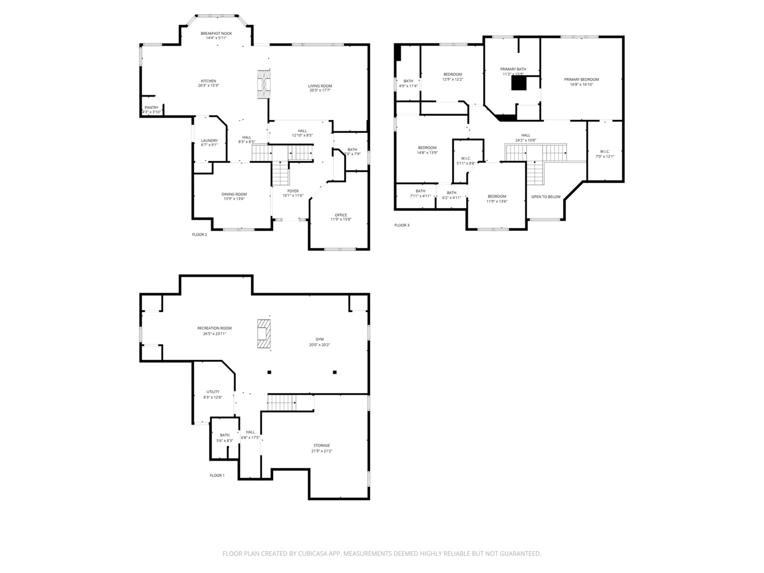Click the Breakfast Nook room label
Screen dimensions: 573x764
pyautogui.click(x=216, y=33)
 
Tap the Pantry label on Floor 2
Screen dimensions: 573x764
pyautogui.click(x=152, y=108)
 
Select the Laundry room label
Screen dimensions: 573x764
pyautogui.click(x=209, y=141)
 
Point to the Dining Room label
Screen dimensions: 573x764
pyautogui.click(x=234, y=194)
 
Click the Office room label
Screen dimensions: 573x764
pyautogui.click(x=341, y=215)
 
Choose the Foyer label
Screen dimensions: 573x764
pyautogui.click(x=293, y=191)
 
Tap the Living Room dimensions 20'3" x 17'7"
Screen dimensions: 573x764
pyautogui.click(x=320, y=90)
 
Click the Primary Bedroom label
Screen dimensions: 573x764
pyautogui.click(x=581, y=80)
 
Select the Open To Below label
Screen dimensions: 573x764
pyautogui.click(x=546, y=197)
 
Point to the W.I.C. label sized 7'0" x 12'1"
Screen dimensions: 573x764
pyautogui.click(x=605, y=152)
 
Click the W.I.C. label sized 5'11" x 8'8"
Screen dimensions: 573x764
pyautogui.click(x=466, y=158)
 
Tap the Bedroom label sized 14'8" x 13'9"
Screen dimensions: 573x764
pyautogui.click(x=427, y=147)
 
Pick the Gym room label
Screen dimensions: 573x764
pyautogui.click(x=319, y=339)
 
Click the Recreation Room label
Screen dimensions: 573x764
pyautogui.click(x=214, y=328)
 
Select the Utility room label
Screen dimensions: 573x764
pyautogui.click(x=213, y=392)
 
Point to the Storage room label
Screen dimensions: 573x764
pyautogui.click(x=322, y=445)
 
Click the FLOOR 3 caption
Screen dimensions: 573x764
pyautogui.click(x=402, y=225)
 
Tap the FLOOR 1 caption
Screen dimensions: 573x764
pyautogui.click(x=217, y=475)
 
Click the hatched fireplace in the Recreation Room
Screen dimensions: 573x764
pyautogui.click(x=264, y=334)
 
